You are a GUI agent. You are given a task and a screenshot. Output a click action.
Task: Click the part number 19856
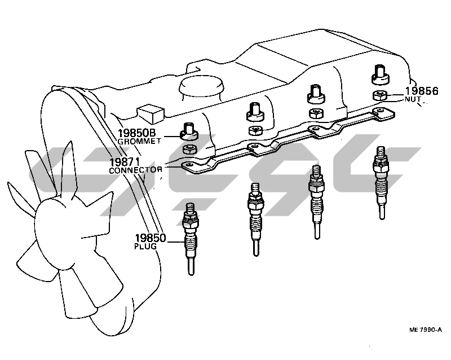(422, 90)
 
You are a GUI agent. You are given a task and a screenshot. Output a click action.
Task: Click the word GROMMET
(139, 143)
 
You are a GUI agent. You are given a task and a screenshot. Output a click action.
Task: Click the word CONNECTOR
(135, 169)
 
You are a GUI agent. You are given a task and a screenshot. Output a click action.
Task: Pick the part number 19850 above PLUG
(151, 238)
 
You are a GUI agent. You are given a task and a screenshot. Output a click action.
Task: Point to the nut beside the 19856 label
(380, 95)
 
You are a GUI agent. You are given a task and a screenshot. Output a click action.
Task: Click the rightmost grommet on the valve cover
(379, 73)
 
